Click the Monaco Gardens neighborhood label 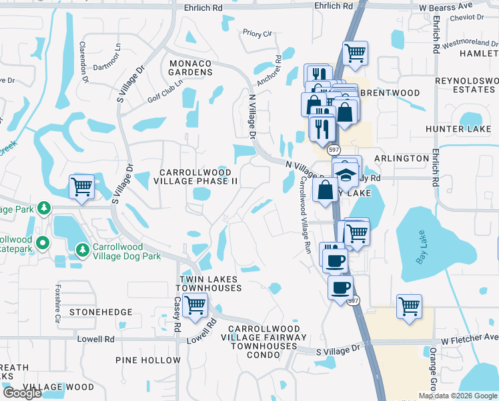tap(190, 68)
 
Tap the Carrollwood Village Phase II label tap(196, 176)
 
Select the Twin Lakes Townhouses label tap(209, 283)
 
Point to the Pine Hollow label tap(147, 360)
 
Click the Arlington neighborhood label tap(402, 158)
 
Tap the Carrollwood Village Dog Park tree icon tap(83, 249)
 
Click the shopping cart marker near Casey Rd tap(195, 305)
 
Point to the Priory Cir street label tap(258, 33)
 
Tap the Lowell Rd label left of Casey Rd tap(96, 339)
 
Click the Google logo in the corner tap(22, 393)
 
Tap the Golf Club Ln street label tap(165, 92)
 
